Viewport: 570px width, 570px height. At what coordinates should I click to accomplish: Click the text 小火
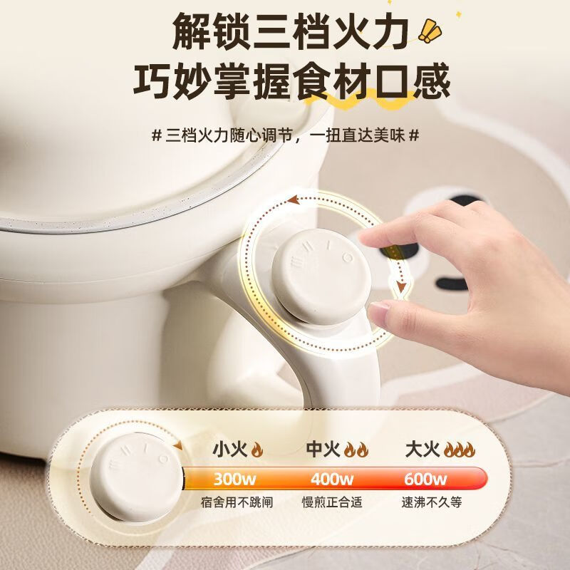pyautogui.click(x=229, y=450)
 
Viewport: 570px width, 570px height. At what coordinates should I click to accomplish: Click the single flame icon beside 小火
pyautogui.click(x=257, y=450)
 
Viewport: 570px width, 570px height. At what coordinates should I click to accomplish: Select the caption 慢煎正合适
pyautogui.click(x=331, y=502)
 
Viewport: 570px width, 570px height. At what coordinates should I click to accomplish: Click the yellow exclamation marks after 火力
pyautogui.click(x=429, y=30)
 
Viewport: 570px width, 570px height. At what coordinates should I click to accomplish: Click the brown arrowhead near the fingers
pyautogui.click(x=402, y=289)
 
